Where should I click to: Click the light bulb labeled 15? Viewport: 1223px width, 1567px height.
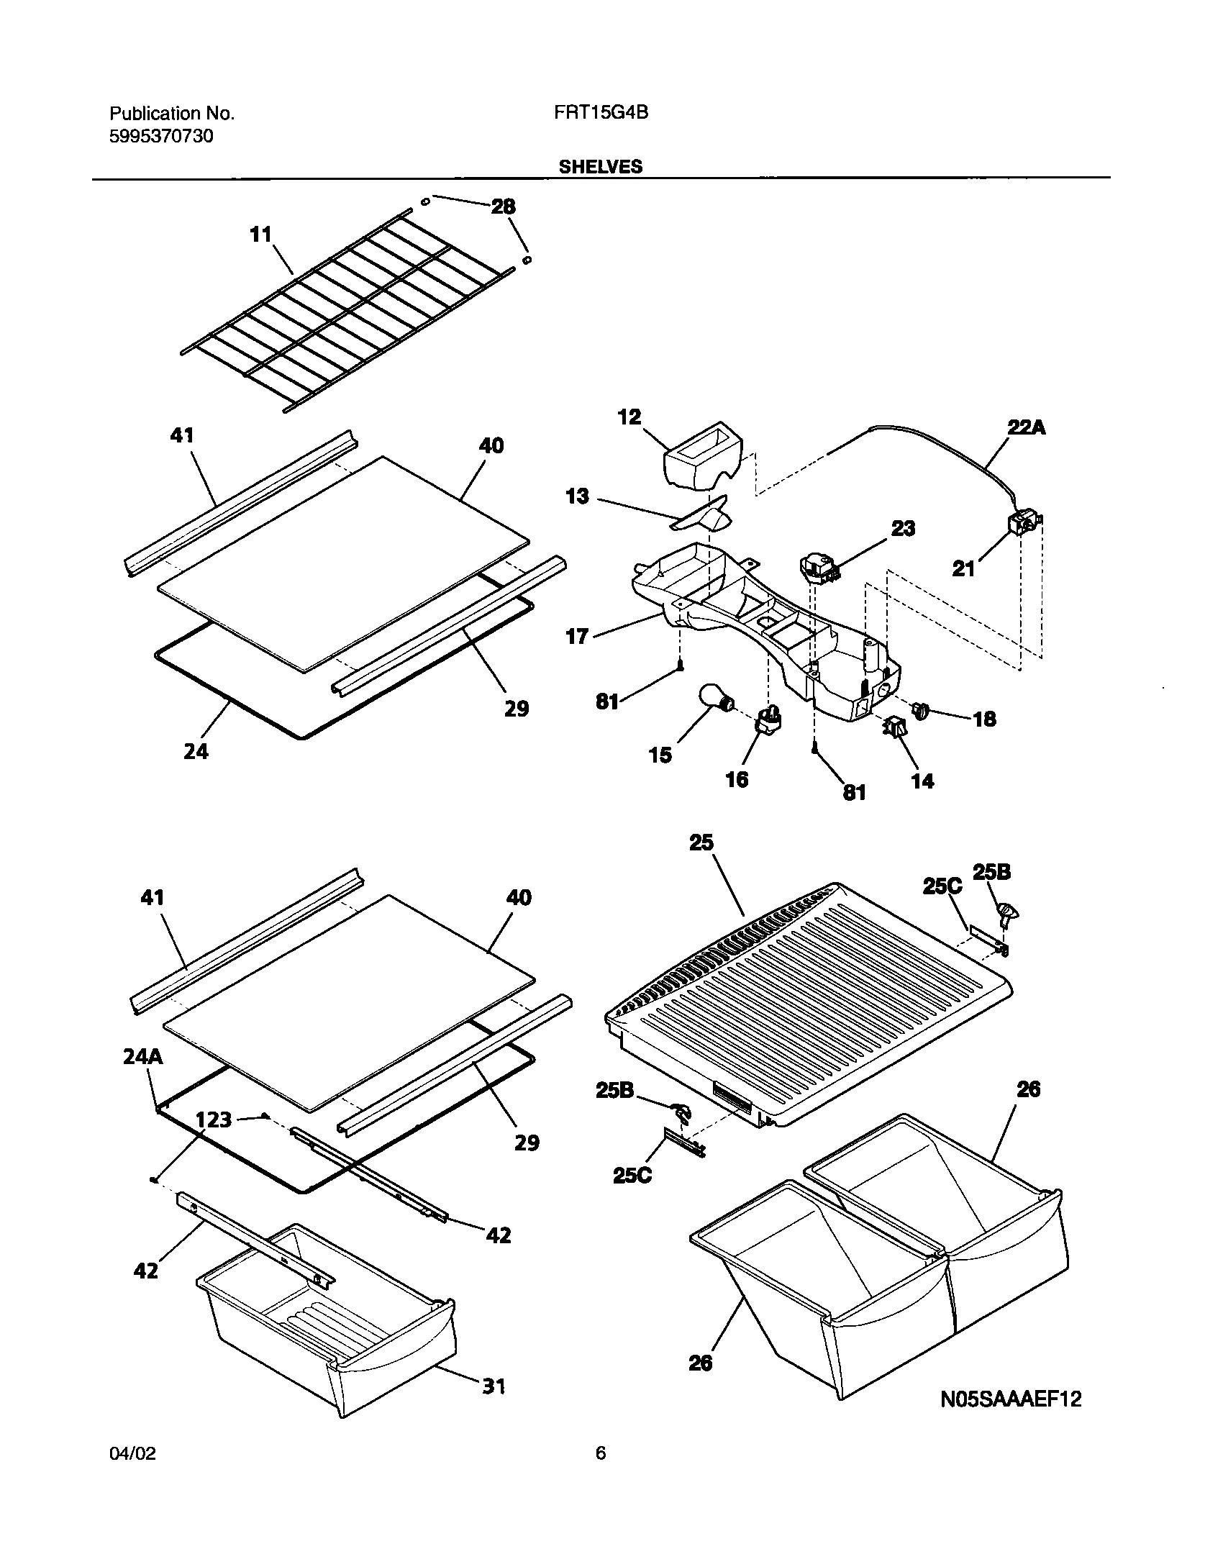point(714,698)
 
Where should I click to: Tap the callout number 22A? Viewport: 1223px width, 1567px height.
point(1025,428)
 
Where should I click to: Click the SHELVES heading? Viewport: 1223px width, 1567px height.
point(601,167)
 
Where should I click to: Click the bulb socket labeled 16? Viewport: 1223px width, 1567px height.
point(768,719)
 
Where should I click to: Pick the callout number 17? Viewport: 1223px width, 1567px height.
point(577,636)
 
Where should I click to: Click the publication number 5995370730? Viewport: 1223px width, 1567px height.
point(161,136)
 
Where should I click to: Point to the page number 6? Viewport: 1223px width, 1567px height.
point(601,1453)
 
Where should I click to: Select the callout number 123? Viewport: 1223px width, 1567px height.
point(214,1119)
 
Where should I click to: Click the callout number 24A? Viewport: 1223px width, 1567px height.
point(142,1057)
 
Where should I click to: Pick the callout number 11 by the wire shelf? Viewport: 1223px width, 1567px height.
point(260,235)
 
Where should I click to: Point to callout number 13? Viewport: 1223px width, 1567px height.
point(577,496)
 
